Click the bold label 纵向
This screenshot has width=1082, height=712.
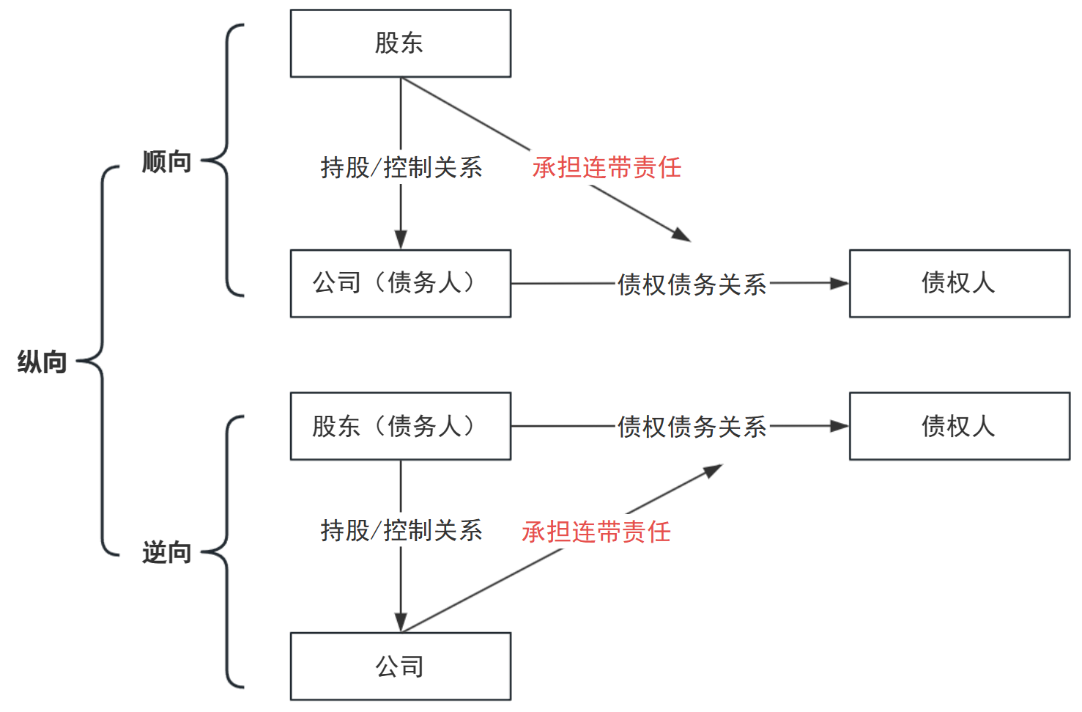point(42,361)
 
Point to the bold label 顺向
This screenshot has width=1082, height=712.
point(166,161)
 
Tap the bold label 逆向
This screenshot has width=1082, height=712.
point(166,552)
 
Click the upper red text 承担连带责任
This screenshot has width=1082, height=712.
point(607,167)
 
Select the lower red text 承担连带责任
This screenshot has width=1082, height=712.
point(596,532)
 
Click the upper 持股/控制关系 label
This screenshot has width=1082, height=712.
point(401,167)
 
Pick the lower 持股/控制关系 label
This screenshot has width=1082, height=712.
point(401,530)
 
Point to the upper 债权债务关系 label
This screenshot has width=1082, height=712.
point(692,284)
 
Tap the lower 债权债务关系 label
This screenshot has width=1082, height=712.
point(692,426)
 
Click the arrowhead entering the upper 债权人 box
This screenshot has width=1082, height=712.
point(840,283)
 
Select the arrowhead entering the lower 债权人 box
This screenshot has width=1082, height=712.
point(840,426)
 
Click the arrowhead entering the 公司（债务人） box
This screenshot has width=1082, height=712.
point(401,240)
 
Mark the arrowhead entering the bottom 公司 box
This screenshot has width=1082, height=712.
point(401,623)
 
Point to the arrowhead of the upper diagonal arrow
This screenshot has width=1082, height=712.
point(681,235)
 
